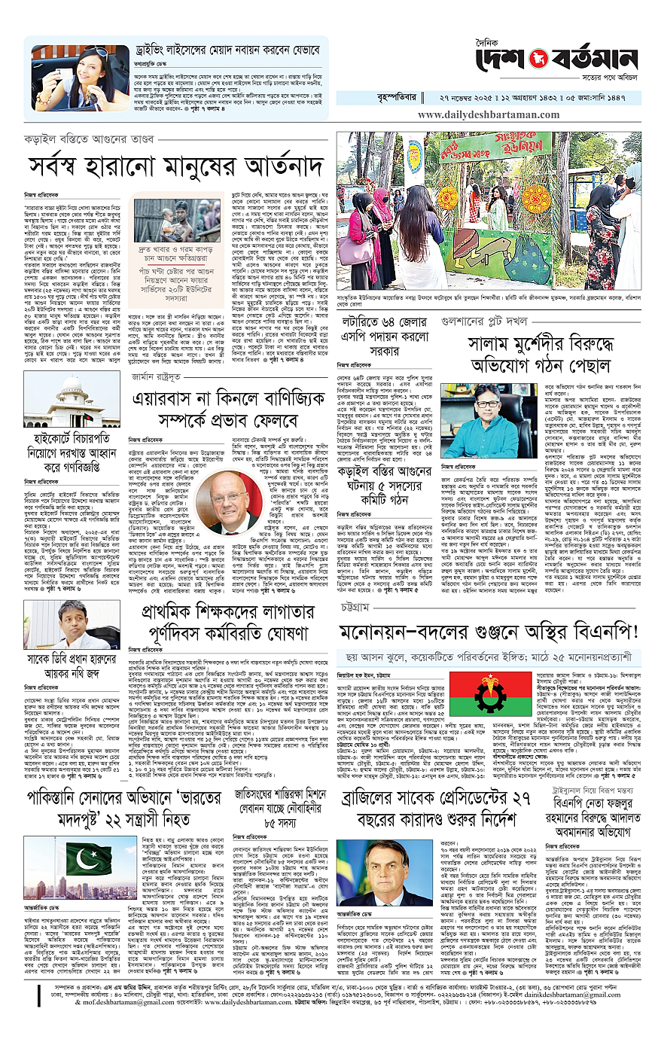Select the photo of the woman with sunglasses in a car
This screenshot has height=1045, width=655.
[80, 78]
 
